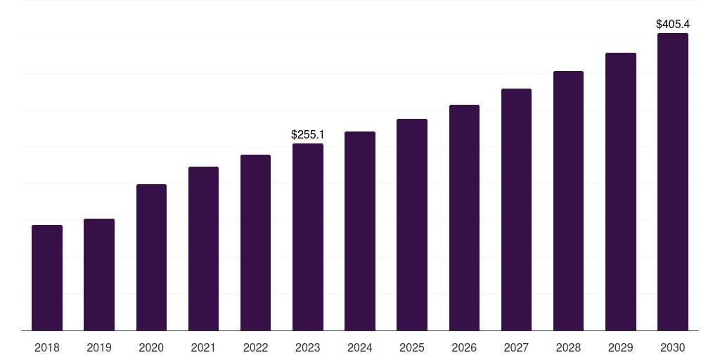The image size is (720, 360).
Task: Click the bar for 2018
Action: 47,278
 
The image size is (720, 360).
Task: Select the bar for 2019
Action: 99,274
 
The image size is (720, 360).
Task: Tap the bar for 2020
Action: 151,257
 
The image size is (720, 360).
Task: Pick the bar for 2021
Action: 203,248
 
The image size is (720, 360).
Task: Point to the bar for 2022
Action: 255,243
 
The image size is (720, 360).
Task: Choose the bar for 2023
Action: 308,237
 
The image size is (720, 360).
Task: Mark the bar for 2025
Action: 412,224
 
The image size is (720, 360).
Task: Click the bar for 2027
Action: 516,210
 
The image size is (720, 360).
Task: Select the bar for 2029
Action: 620,191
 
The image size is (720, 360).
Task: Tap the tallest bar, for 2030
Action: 672,181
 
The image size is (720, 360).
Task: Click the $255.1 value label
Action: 308,134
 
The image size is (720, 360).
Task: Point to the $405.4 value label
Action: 673,24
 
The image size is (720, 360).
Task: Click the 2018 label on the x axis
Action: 47,347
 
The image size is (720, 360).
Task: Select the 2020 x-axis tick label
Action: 151,347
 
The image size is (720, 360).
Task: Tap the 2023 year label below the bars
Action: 308,347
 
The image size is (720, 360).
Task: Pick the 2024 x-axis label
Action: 360,347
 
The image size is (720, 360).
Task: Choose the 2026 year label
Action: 464,347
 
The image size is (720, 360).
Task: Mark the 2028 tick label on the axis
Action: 568,347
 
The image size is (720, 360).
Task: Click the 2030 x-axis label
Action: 672,347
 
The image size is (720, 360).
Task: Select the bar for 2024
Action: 360,231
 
